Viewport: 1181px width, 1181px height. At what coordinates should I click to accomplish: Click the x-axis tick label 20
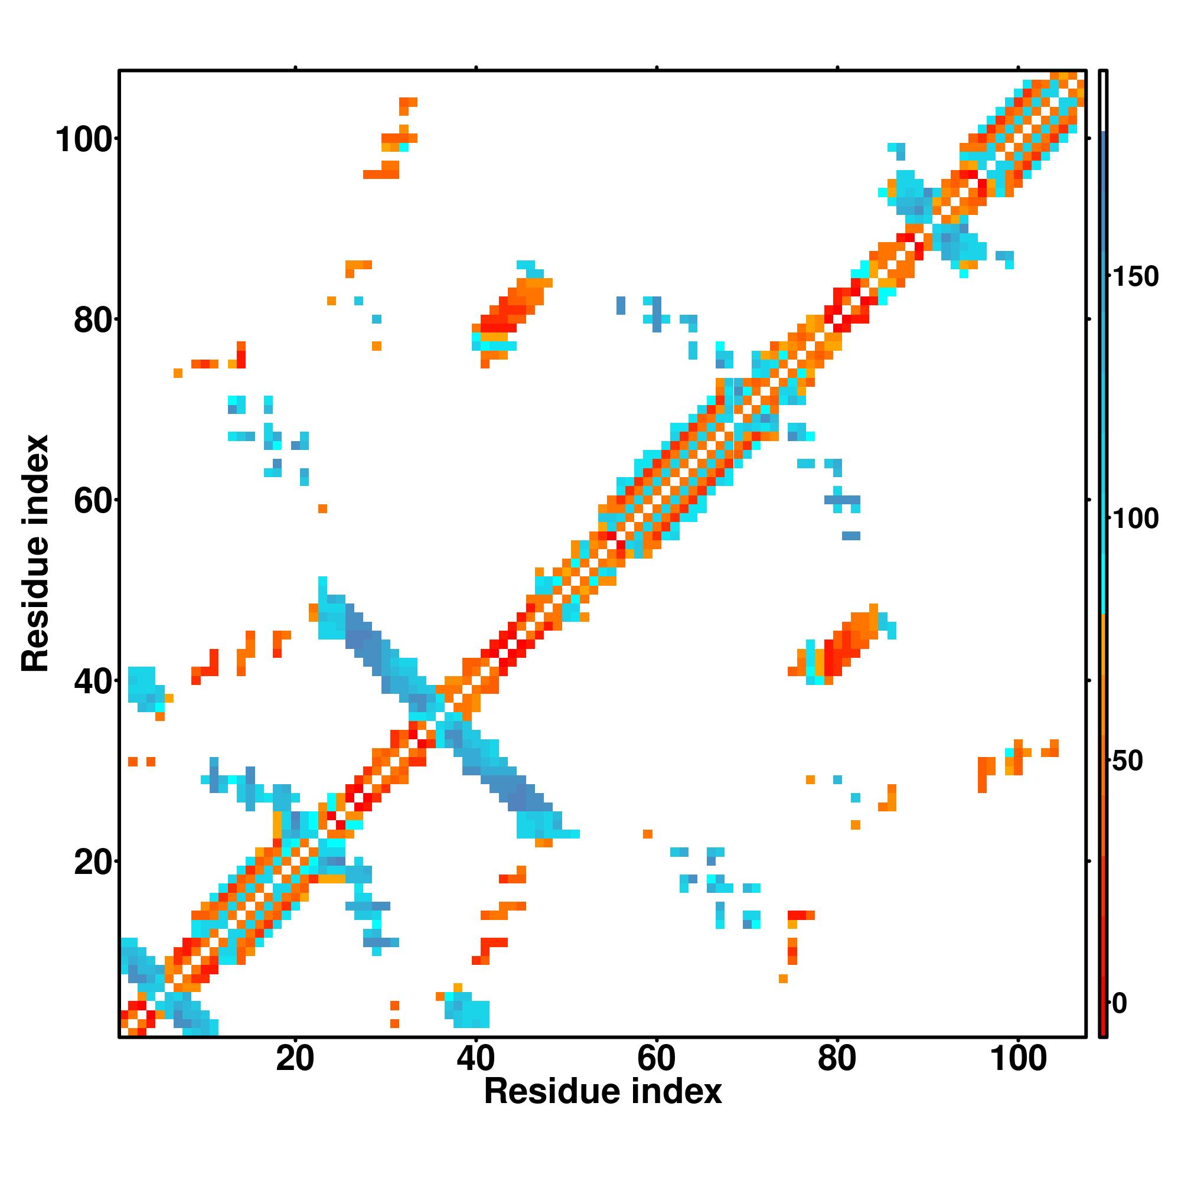point(295,1059)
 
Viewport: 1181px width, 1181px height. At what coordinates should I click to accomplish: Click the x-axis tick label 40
point(475,1059)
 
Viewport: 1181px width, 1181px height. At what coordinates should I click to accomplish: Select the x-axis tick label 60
point(656,1059)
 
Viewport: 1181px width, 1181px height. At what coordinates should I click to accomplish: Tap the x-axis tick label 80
point(837,1059)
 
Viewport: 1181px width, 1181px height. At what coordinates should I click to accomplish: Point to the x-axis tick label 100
point(1019,1059)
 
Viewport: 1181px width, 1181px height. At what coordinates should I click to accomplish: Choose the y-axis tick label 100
point(86,140)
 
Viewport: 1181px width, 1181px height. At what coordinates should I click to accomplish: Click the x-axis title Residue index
point(603,1092)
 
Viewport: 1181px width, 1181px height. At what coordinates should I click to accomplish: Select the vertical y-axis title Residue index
point(35,553)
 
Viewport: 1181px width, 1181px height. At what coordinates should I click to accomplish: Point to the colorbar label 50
point(1128,762)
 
